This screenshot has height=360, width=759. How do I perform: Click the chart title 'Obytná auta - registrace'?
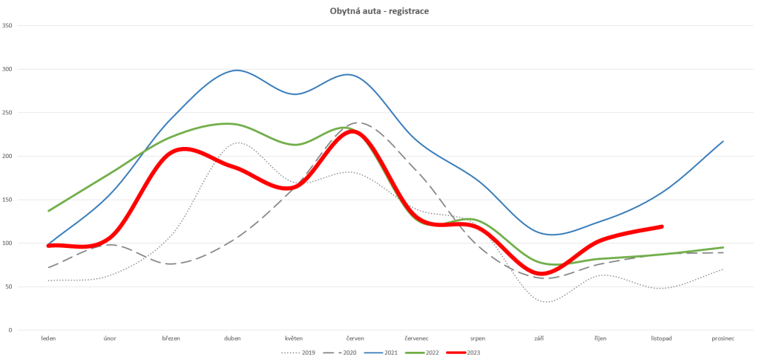(x=379, y=11)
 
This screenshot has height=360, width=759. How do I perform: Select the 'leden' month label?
(x=48, y=338)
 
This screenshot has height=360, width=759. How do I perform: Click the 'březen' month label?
(x=171, y=338)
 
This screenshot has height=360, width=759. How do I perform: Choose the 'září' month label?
(x=539, y=338)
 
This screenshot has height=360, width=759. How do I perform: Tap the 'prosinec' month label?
(x=722, y=338)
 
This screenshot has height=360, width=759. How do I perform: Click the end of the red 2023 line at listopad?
(x=661, y=226)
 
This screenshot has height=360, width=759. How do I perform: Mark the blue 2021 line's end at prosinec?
(x=723, y=141)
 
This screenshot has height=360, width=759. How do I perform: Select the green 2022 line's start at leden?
(x=48, y=211)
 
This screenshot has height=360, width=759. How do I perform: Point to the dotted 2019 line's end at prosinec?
(x=723, y=269)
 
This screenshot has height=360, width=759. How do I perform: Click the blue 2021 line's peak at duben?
(x=236, y=71)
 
